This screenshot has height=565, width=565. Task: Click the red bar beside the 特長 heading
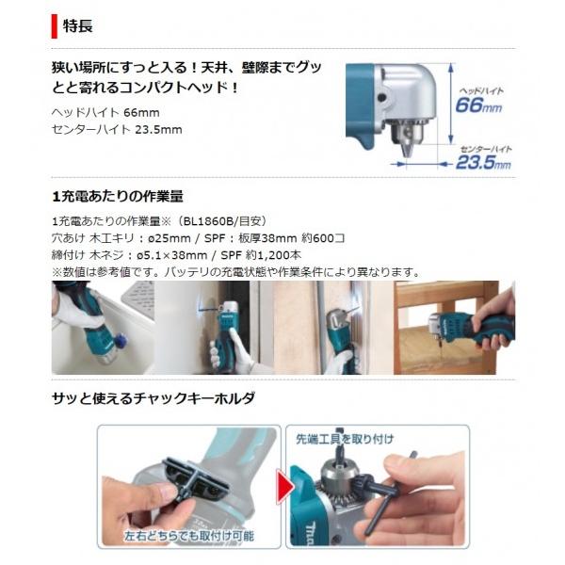pyautogui.click(x=54, y=26)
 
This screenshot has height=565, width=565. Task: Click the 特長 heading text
pyautogui.click(x=78, y=26)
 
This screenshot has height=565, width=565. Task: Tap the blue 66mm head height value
pyautogui.click(x=478, y=105)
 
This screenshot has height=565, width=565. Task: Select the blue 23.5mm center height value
pyautogui.click(x=483, y=162)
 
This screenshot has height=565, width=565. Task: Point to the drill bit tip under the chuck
pyautogui.click(x=406, y=155)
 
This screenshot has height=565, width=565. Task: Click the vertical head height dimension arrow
pyautogui.click(x=450, y=104)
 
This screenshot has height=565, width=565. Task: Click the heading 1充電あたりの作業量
pyautogui.click(x=118, y=197)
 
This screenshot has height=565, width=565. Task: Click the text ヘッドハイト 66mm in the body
pyautogui.click(x=105, y=113)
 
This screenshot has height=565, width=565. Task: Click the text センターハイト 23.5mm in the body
pyautogui.click(x=117, y=130)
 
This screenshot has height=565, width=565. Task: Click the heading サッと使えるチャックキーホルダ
pyautogui.click(x=153, y=398)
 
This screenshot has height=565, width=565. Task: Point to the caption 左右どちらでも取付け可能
pyautogui.click(x=189, y=536)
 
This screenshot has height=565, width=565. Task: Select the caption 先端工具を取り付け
pyautogui.click(x=345, y=439)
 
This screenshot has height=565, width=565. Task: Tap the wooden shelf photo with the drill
pyautogui.click(x=455, y=328)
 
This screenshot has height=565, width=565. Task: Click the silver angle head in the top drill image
pyautogui.click(x=404, y=94)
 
